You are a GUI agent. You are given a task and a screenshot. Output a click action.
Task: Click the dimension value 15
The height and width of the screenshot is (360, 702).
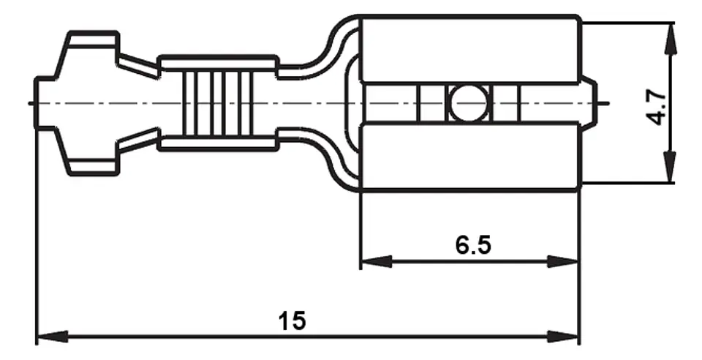(x=292, y=320)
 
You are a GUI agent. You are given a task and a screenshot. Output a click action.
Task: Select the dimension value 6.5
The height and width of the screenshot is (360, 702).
(x=473, y=245)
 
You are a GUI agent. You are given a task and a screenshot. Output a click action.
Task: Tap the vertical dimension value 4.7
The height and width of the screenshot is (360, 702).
(x=656, y=107)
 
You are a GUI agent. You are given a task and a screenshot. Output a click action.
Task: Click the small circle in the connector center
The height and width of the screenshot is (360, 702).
(x=469, y=103)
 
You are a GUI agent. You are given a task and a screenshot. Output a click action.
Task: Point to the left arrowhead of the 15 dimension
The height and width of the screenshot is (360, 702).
(x=52, y=337)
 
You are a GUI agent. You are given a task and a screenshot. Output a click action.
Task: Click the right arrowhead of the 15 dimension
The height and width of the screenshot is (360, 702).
(x=563, y=337)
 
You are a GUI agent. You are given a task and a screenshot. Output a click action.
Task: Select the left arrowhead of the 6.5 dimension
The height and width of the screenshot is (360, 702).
(x=376, y=261)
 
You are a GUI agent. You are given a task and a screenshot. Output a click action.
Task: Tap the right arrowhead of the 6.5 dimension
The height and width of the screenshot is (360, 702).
(x=563, y=261)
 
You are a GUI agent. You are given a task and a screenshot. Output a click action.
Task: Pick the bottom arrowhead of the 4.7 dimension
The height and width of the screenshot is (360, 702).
(x=671, y=167)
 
